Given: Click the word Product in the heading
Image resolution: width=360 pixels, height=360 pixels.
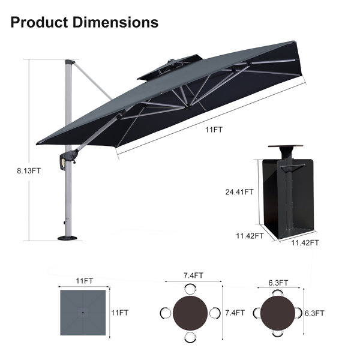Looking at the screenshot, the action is (x=39, y=22).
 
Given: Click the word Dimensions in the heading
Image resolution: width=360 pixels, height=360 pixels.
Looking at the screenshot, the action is (x=115, y=22).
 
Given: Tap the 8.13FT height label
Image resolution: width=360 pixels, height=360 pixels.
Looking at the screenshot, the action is (x=29, y=171).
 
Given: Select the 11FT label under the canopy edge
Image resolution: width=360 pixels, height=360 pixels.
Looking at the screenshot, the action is (x=214, y=130).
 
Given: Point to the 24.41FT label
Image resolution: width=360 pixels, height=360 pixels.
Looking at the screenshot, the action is (x=239, y=192).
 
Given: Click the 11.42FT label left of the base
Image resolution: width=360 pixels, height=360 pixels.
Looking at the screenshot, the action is (x=250, y=236).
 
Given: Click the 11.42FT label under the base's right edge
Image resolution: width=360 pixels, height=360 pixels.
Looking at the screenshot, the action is (x=305, y=242).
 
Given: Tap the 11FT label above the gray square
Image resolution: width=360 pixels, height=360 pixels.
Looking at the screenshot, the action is (x=85, y=281).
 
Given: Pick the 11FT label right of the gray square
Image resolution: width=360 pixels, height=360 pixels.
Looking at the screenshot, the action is (x=119, y=313).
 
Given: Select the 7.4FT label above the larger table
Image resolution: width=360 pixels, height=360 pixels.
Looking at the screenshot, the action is (x=193, y=275).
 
